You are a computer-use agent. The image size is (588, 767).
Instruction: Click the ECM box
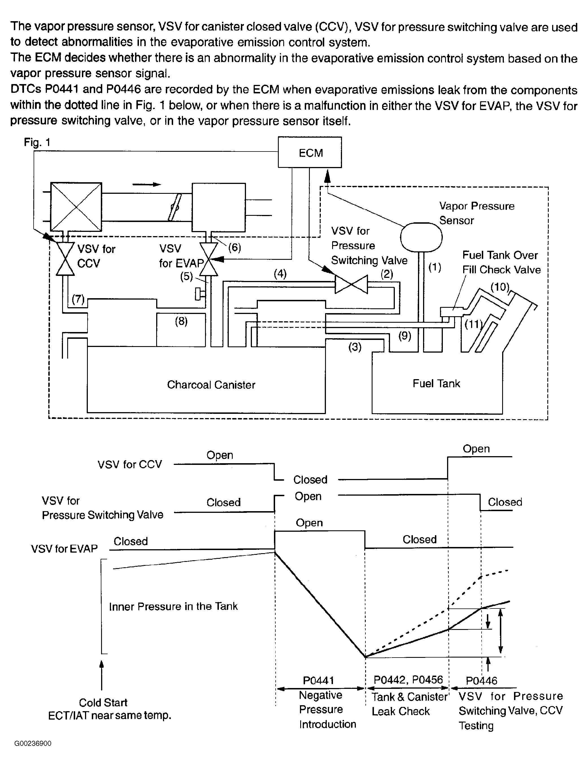310,152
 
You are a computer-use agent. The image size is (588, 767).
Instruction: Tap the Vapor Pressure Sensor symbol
421,237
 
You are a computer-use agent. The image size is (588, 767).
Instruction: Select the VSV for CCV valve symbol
66,259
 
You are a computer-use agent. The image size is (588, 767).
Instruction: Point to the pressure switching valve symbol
351,284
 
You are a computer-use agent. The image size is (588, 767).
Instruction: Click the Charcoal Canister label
211,385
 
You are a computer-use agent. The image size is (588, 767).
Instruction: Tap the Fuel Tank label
436,384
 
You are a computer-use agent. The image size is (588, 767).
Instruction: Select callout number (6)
234,247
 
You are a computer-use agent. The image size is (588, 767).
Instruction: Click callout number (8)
181,321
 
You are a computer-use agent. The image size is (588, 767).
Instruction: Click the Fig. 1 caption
37,142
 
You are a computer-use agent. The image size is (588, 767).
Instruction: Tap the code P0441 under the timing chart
319,680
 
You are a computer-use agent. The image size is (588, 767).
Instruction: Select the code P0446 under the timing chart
481,680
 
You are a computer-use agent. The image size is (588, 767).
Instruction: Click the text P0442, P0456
408,680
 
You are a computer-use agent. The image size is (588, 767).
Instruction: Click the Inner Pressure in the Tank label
173,606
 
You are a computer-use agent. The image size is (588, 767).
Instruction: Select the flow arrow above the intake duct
147,184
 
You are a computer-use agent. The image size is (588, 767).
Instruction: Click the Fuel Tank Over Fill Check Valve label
501,262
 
